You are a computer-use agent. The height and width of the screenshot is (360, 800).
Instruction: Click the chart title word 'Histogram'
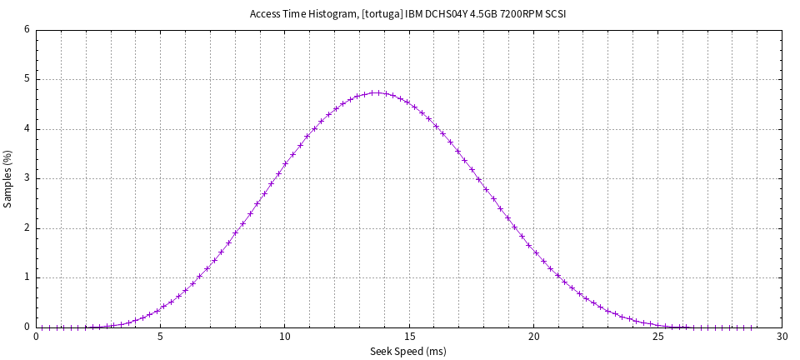pyautogui.click(x=327, y=15)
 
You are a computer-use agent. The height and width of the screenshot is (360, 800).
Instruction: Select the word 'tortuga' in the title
pyautogui.click(x=382, y=15)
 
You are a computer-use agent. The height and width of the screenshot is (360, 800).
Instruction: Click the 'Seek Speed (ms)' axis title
pyautogui.click(x=408, y=352)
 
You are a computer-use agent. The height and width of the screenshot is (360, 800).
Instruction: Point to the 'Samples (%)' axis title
pyautogui.click(x=8, y=178)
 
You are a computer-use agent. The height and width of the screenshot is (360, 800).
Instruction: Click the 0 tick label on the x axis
pyautogui.click(x=37, y=337)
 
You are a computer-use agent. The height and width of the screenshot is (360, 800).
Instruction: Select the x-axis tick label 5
pyautogui.click(x=161, y=337)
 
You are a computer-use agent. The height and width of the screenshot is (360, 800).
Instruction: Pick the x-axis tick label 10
pyautogui.click(x=285, y=337)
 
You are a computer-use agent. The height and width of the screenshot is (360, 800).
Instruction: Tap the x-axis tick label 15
pyautogui.click(x=409, y=337)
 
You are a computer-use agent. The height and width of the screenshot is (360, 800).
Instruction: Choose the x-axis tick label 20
pyautogui.click(x=533, y=337)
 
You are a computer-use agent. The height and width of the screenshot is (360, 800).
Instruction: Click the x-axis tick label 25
pyautogui.click(x=657, y=337)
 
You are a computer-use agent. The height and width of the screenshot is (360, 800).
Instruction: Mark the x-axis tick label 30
pyautogui.click(x=782, y=337)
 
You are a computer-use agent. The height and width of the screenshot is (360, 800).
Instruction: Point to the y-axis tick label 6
pyautogui.click(x=27, y=30)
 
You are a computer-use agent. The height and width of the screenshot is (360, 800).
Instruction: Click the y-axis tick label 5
pyautogui.click(x=27, y=79)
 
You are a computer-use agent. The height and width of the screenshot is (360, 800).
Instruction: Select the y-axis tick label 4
pyautogui.click(x=27, y=129)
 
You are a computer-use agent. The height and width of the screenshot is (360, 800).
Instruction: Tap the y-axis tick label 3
pyautogui.click(x=27, y=178)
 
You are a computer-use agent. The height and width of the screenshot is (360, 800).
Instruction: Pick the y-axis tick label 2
pyautogui.click(x=27, y=228)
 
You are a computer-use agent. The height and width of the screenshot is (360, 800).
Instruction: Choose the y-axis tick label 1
pyautogui.click(x=27, y=277)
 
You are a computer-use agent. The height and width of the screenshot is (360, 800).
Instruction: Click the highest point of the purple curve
pyautogui.click(x=377, y=92)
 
